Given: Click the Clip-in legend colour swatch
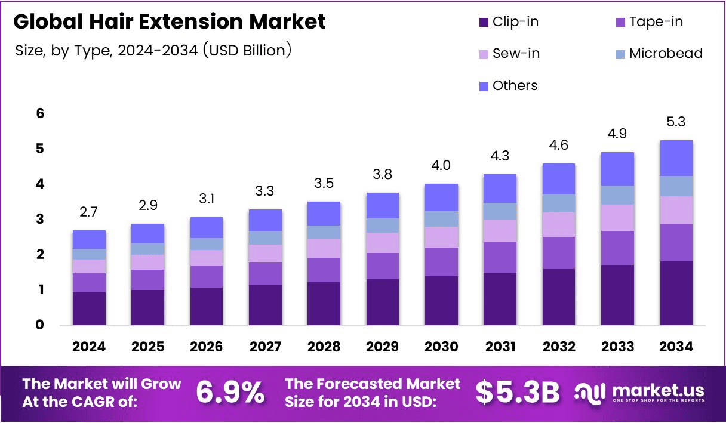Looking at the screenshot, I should pos(483,23).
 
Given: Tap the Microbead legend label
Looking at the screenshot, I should pos(666,54).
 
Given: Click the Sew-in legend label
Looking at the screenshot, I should pos(516,54).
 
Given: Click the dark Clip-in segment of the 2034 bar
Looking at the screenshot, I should pos(676,293).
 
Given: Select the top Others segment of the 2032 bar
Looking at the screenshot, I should pos(559,178).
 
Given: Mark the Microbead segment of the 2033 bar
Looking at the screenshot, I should pos(617,195).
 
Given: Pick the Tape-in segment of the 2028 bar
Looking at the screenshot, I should pos(324,270).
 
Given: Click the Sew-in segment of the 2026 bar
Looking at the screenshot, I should pos(207,258).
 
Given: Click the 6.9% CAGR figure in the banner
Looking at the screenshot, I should pos(230,393).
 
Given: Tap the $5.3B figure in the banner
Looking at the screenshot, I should pos(518,393).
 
